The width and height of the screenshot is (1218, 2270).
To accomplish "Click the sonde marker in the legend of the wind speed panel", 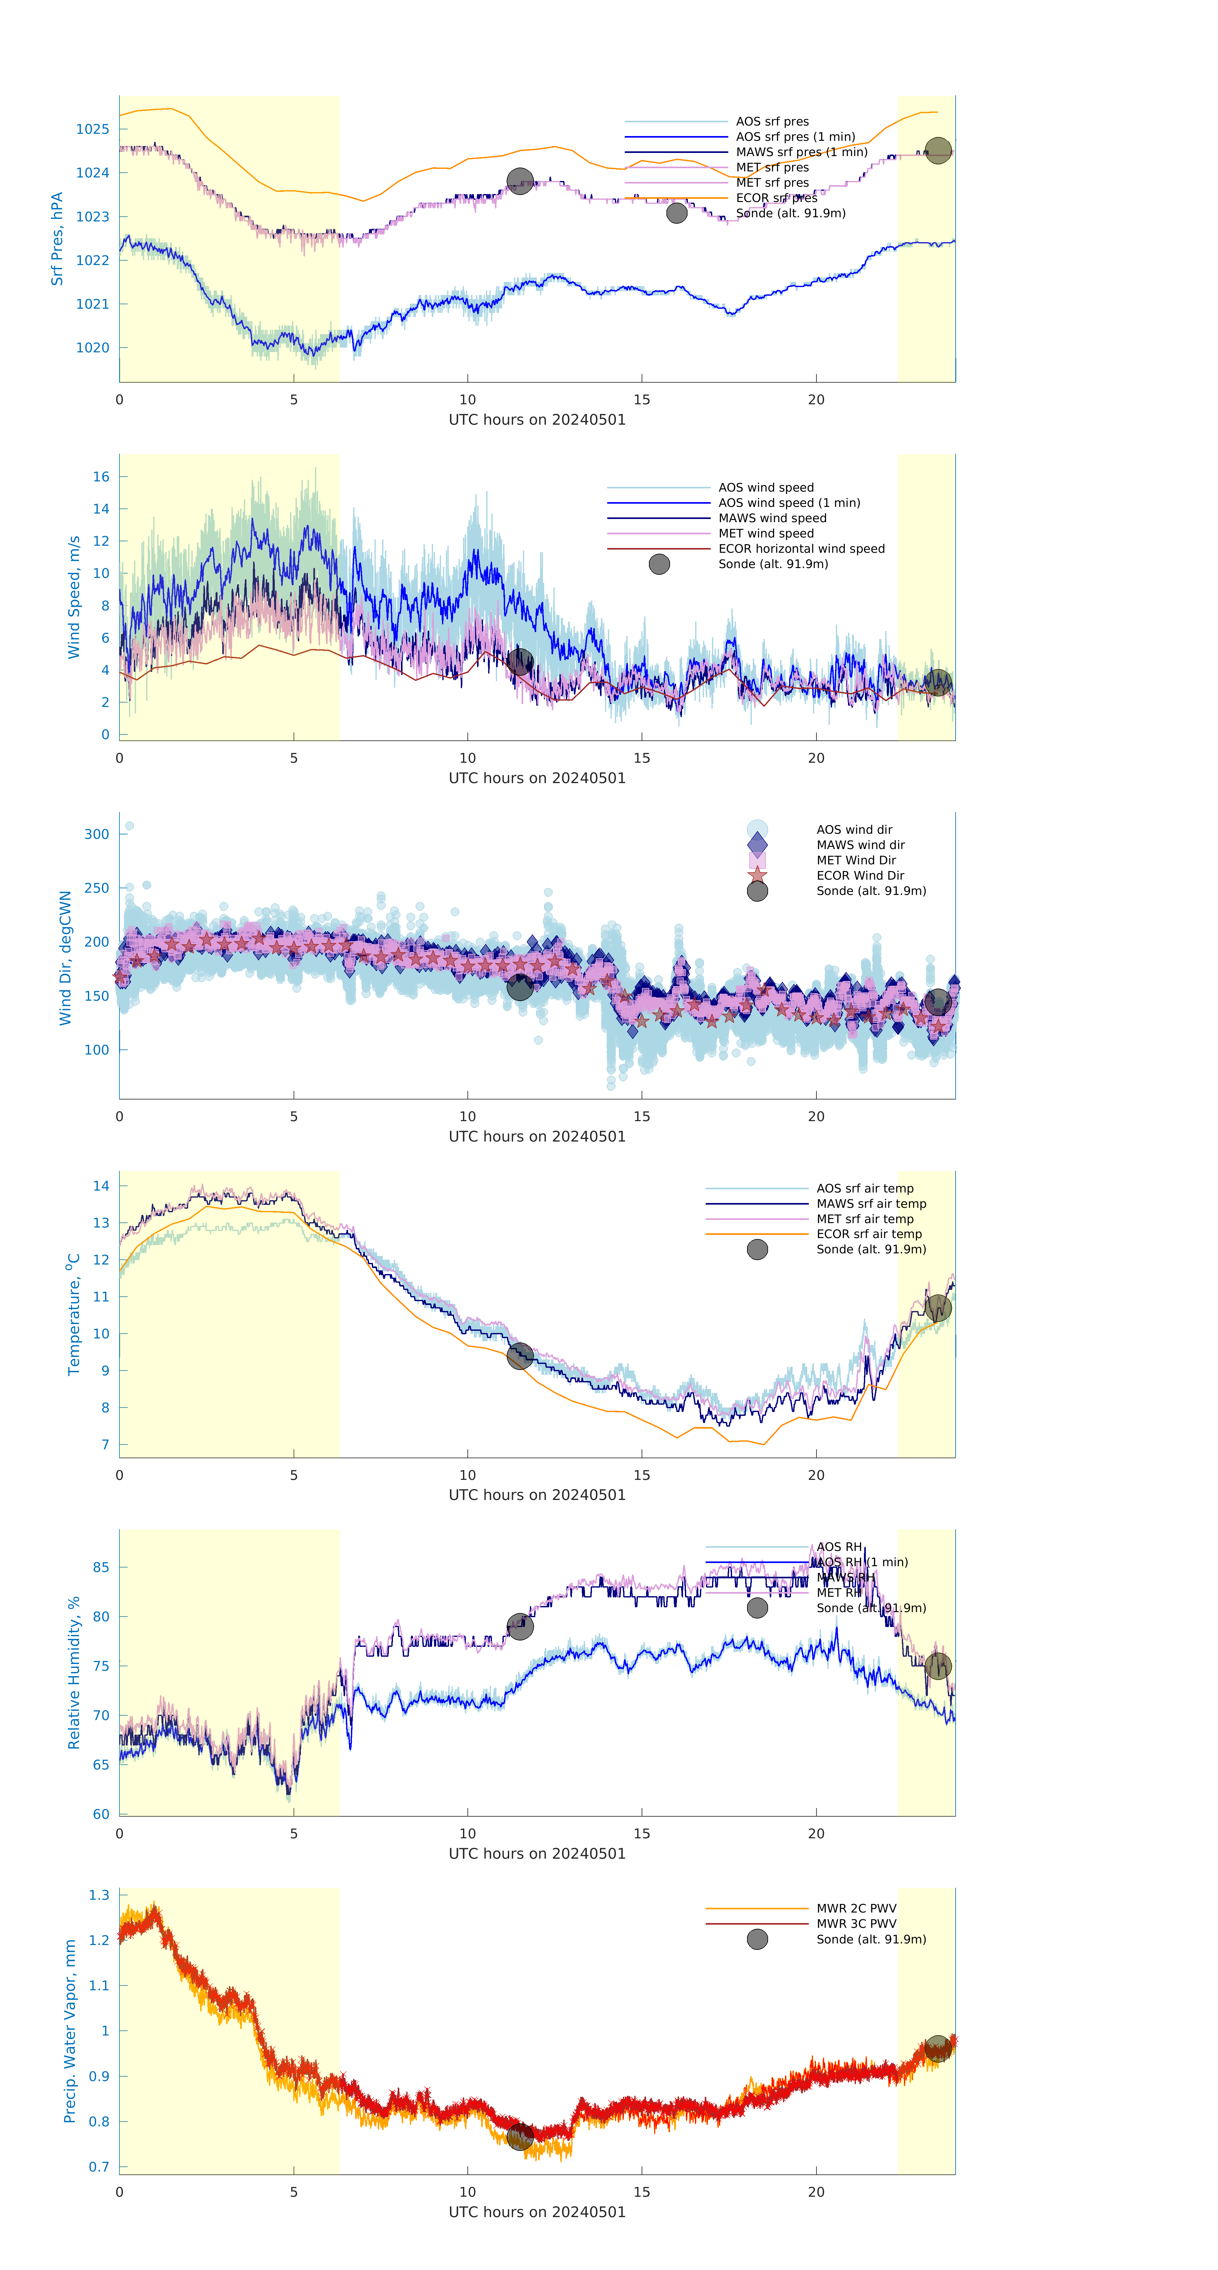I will point(659,564).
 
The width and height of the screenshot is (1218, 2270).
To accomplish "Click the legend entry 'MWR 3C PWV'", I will point(856,1924).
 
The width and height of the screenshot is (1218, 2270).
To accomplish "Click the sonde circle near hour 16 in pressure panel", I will point(676,213).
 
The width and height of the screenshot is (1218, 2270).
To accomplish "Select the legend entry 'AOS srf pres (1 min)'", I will point(795,137).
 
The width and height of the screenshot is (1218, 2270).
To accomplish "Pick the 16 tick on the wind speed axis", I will point(101,477).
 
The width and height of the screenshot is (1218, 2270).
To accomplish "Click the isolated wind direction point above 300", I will point(130,826).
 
